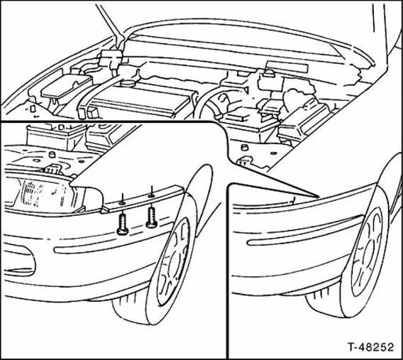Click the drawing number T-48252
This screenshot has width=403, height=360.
tap(370, 347)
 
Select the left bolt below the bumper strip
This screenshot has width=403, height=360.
tap(122, 224)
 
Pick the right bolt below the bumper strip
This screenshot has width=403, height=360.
tap(151, 217)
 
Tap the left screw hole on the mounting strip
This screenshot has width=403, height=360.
tap(122, 203)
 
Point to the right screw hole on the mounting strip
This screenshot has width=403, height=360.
tap(151, 196)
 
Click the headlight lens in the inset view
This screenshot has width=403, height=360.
tap(44, 193)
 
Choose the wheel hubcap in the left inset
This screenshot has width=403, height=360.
tap(173, 261)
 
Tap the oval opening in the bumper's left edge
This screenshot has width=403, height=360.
tap(18, 259)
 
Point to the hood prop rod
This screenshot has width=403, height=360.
tap(110, 26)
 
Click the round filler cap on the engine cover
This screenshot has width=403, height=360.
tap(128, 83)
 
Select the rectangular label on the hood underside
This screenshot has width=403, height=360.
tap(287, 67)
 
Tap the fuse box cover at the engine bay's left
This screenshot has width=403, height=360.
tap(66, 86)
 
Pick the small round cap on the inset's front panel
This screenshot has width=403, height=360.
tap(53, 155)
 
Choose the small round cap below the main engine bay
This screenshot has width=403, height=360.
tap(243, 148)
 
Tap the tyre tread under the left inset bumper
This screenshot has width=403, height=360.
tap(128, 311)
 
